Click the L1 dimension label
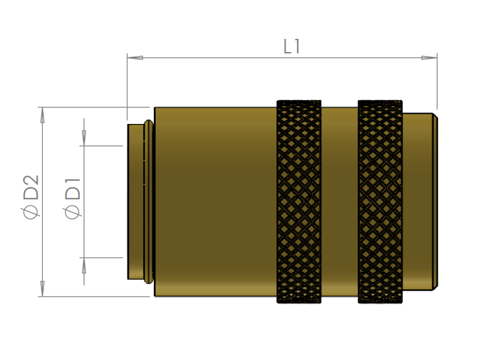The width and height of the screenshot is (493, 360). pos(292,47)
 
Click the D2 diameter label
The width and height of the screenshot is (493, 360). pos(31,187)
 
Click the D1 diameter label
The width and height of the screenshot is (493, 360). pos(73,189)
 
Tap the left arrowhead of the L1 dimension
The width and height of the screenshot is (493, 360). pos(135,57)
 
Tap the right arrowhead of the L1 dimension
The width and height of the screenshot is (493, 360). pos(429,57)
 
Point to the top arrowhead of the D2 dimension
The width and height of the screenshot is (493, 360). pos(42,115)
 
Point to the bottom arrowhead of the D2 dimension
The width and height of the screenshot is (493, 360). pos(42,288)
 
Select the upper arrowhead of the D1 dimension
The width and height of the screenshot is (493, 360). pos(84,138)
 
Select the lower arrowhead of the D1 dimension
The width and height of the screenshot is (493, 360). pos(84,266)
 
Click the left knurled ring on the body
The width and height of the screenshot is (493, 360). pos(299,202)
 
